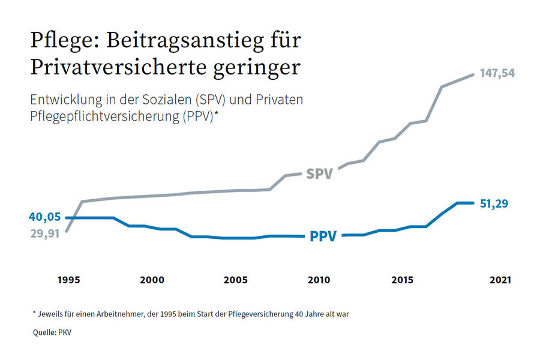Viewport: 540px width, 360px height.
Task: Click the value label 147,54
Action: [x=497, y=73]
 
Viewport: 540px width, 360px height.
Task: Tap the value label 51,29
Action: [x=494, y=203]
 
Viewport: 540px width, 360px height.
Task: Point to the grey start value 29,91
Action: [x=45, y=233]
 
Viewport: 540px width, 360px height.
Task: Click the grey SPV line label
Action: [x=319, y=174]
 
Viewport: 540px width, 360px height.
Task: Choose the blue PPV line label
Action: [x=323, y=236]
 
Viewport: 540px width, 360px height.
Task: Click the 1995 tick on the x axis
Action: [x=69, y=280]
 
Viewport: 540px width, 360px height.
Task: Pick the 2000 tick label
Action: [x=152, y=280]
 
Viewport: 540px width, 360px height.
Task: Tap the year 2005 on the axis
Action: [x=235, y=280]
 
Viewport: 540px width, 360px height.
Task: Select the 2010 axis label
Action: [x=319, y=280]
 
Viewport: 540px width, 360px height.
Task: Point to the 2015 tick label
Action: [x=402, y=280]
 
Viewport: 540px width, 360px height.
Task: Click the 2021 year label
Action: [x=501, y=280]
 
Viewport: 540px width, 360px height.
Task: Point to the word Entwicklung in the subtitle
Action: [x=66, y=100]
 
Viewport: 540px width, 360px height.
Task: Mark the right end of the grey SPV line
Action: [x=473, y=74]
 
